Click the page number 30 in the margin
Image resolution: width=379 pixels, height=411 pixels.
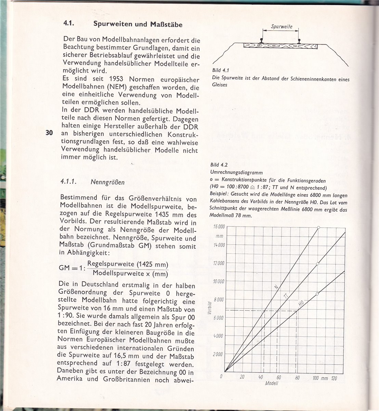coord(48,133)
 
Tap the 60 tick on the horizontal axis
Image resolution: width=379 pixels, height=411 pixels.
coord(279,377)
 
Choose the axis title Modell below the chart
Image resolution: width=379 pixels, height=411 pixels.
coord(272,383)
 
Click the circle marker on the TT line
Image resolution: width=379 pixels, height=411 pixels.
coord(318,263)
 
